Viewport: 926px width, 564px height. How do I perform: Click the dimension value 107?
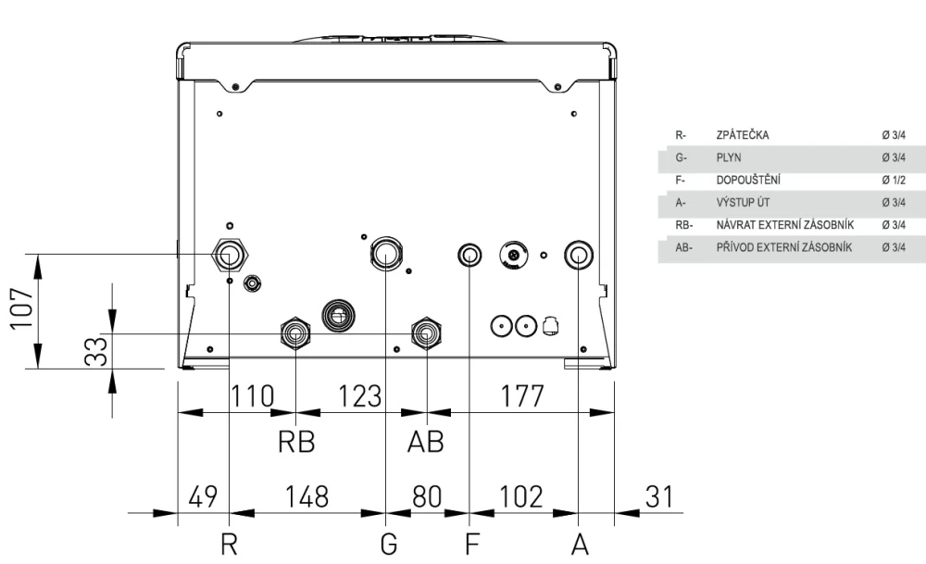(x=22, y=309)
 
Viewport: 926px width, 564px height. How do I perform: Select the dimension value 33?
(x=96, y=352)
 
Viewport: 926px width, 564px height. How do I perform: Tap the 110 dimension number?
(x=252, y=395)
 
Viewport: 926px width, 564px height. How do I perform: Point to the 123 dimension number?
(x=359, y=395)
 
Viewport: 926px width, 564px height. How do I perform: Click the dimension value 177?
(x=522, y=395)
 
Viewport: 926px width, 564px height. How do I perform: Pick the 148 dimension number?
(x=307, y=496)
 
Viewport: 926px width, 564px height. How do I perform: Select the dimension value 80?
(x=427, y=496)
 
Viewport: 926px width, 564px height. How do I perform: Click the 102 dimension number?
(x=520, y=496)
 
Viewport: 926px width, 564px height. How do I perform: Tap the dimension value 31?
(x=659, y=496)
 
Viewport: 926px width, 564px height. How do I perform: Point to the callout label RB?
(x=296, y=441)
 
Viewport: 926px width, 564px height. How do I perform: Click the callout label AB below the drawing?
(x=426, y=441)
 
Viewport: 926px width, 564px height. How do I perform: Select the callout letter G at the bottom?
(x=389, y=544)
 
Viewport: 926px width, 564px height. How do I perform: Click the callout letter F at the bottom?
(x=472, y=544)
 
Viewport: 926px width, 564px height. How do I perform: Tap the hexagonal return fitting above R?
(x=230, y=255)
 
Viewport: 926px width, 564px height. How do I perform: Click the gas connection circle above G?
(x=386, y=253)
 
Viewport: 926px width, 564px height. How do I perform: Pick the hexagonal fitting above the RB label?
(x=295, y=333)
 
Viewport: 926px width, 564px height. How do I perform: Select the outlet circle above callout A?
(x=579, y=255)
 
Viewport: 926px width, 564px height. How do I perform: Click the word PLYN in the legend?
(x=729, y=157)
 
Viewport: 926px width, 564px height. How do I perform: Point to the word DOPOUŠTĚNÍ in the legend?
(x=748, y=180)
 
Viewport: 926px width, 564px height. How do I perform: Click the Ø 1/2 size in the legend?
(x=894, y=180)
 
